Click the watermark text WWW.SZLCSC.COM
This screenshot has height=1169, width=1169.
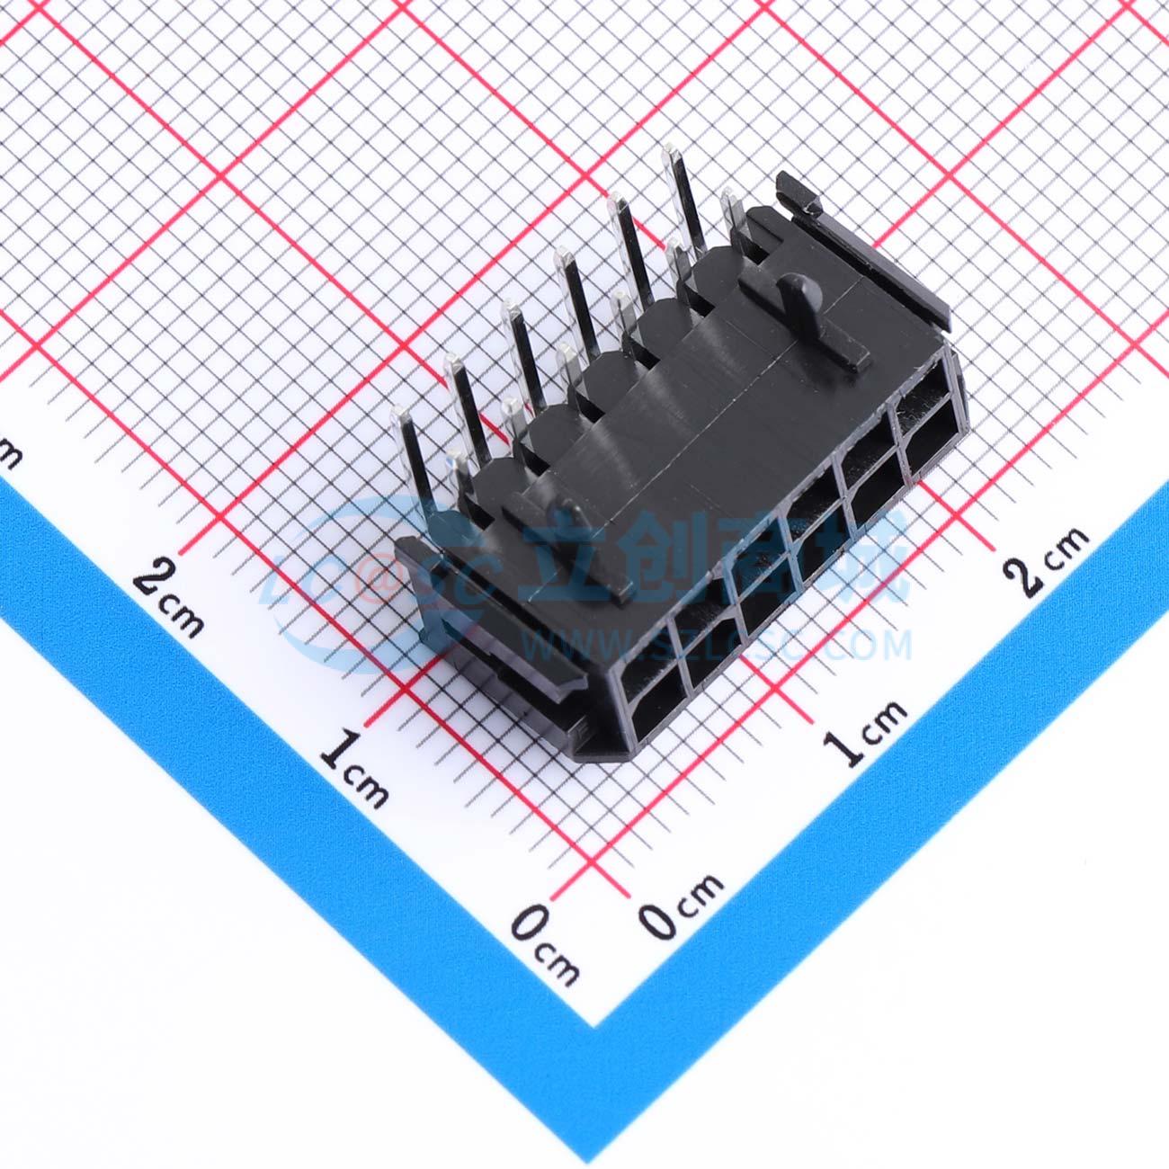pos(719,644)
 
